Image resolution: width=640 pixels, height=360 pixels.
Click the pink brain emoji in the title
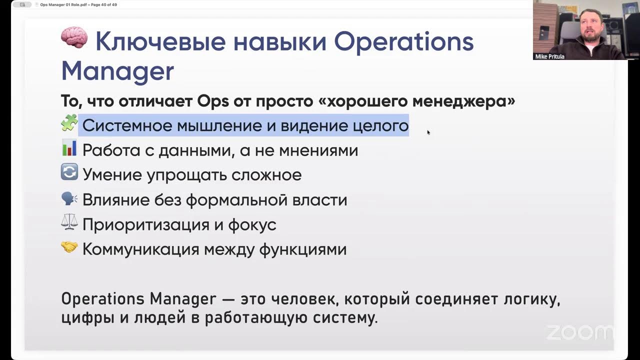click(74, 38)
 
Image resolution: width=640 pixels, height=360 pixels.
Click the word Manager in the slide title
click(117, 71)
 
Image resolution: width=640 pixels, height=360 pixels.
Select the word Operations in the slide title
click(403, 41)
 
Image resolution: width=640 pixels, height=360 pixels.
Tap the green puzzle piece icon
click(69, 123)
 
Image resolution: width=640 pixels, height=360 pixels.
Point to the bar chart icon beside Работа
click(69, 148)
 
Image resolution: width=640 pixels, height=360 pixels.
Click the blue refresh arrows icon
click(69, 173)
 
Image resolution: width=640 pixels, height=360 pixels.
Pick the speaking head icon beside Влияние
click(69, 198)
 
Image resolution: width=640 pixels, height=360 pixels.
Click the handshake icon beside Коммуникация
click(69, 247)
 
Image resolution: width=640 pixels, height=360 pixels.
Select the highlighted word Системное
click(126, 125)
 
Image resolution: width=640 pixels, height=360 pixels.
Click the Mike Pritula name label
click(549, 56)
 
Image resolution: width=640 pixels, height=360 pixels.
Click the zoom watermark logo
click(579, 332)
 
